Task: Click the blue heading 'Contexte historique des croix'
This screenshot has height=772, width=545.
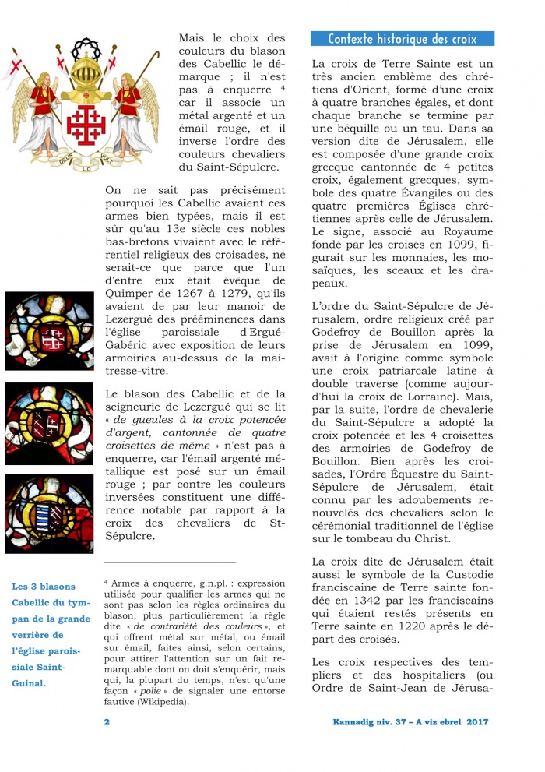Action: click(x=403, y=39)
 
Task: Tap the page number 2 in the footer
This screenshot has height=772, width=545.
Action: click(x=107, y=722)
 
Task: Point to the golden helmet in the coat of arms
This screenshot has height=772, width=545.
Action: click(x=85, y=75)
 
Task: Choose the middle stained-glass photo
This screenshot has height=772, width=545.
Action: click(x=49, y=424)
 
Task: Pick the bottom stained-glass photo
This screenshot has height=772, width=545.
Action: click(x=49, y=513)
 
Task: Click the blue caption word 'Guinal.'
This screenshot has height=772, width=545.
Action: click(x=29, y=683)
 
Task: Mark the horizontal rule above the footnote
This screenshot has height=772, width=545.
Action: click(x=169, y=562)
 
